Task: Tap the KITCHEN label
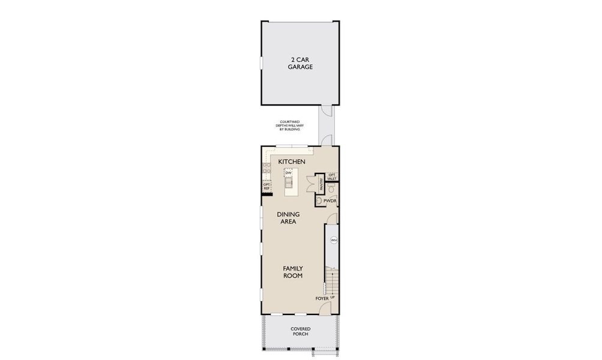click(292, 162)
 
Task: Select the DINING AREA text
click(288, 218)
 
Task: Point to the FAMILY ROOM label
click(292, 272)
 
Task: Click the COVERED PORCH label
click(300, 332)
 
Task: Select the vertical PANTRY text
click(322, 183)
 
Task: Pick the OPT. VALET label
click(332, 176)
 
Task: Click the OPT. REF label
click(267, 187)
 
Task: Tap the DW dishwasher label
click(288, 173)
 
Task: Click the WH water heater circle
click(334, 241)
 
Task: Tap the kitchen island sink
click(288, 182)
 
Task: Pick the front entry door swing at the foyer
click(324, 308)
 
